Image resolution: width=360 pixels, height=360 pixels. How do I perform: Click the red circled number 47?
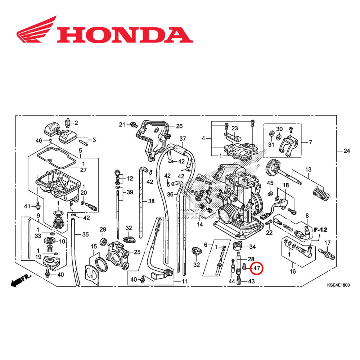(x=257, y=269)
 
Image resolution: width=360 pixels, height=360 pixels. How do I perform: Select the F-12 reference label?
(x=320, y=229)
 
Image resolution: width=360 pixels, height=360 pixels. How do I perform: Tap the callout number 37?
(x=183, y=139)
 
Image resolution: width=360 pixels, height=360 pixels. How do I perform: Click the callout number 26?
(x=179, y=126)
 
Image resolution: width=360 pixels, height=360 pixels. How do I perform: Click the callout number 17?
(x=327, y=242)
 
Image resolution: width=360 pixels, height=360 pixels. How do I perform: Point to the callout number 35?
(x=85, y=235)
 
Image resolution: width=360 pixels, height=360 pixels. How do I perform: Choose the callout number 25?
(x=137, y=252)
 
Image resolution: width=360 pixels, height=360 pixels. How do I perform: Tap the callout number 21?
(x=122, y=125)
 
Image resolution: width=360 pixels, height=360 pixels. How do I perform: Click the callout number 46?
(x=39, y=140)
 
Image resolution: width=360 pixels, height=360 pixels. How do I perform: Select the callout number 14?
(x=199, y=224)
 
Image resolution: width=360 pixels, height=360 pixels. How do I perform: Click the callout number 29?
(x=103, y=230)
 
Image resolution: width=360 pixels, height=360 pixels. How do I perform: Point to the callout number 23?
(x=235, y=128)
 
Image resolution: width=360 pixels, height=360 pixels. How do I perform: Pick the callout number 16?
(x=293, y=271)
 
